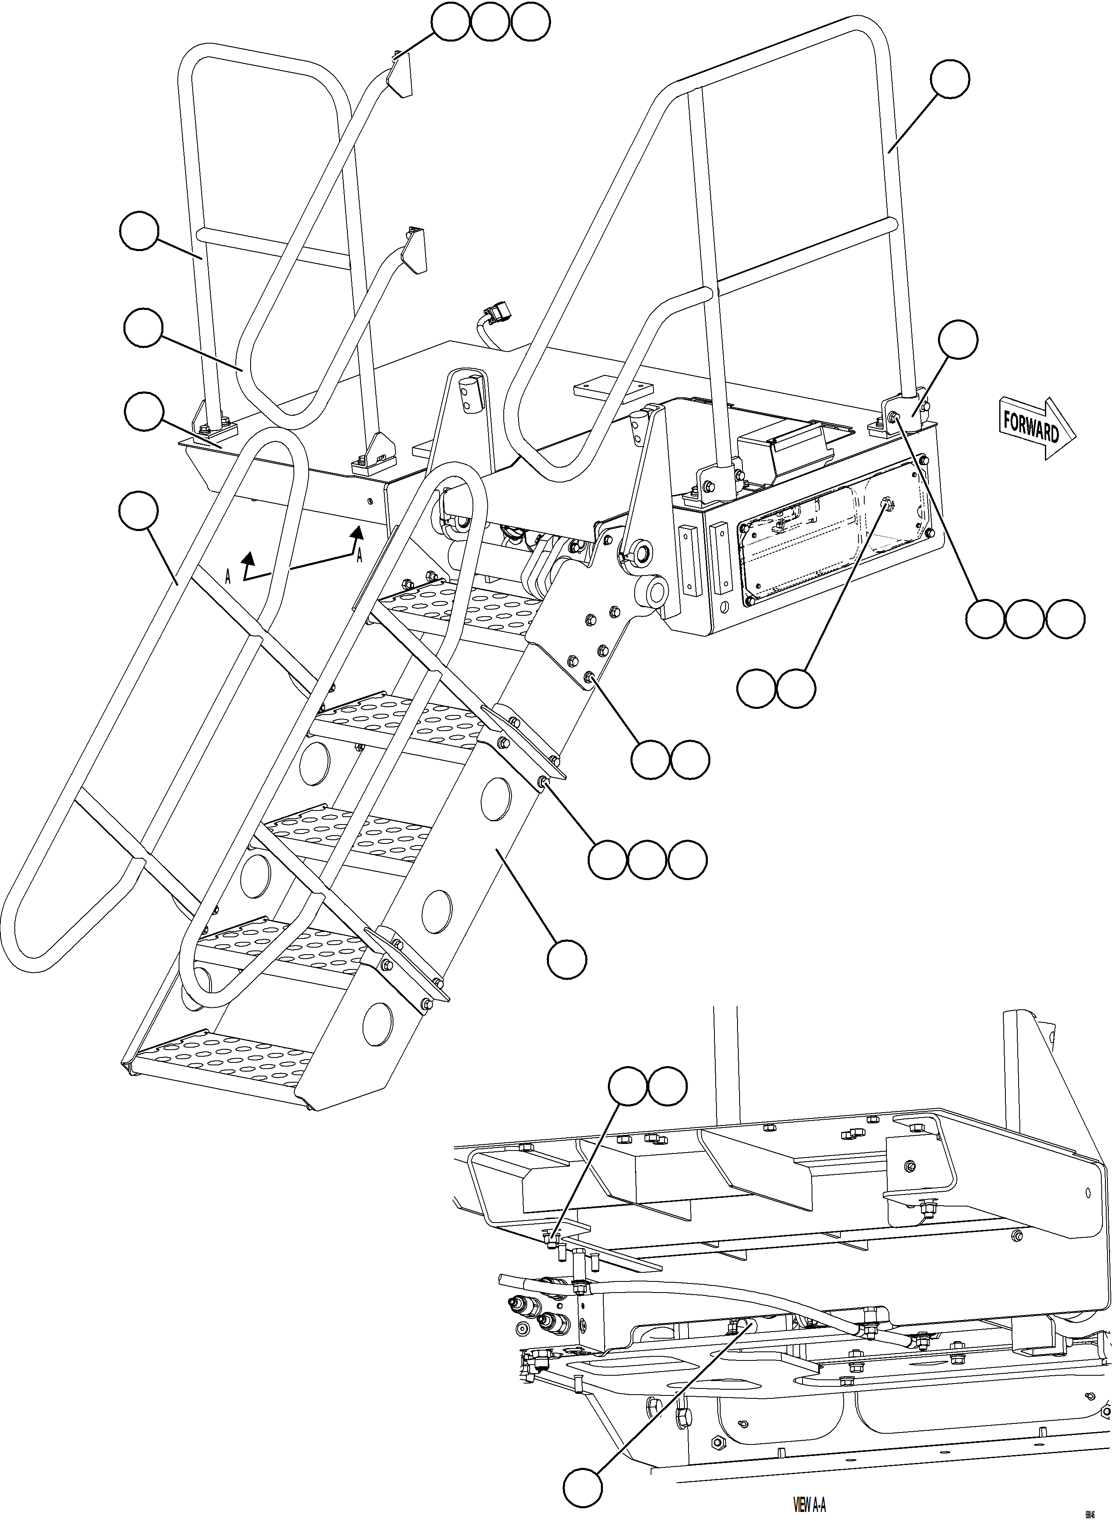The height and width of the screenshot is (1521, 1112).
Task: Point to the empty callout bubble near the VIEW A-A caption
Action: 583,1488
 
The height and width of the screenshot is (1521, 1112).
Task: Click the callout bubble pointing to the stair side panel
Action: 566,960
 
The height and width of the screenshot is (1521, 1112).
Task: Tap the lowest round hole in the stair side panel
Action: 377,1023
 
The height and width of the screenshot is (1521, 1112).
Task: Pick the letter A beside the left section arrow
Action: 228,577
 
